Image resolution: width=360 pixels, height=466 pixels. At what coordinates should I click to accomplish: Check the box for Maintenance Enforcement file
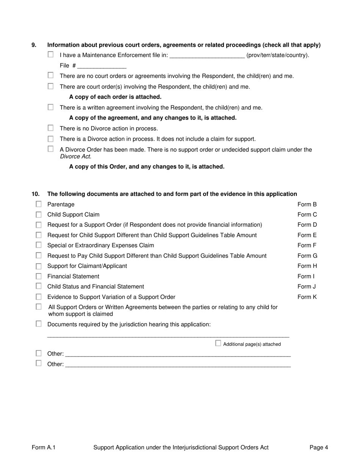point(51,55)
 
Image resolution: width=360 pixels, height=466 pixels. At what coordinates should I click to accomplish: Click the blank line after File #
point(102,66)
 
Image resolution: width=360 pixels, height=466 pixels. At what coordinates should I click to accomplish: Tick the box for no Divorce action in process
point(51,128)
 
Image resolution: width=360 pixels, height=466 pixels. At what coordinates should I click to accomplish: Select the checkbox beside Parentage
point(39,204)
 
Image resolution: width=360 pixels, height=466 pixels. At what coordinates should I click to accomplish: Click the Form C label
point(307,215)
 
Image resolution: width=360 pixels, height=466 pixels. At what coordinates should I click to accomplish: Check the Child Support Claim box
point(39,215)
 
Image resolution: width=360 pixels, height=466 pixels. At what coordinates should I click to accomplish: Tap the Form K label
point(307,297)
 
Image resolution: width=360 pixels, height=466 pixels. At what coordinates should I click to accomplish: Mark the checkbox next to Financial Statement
point(39,277)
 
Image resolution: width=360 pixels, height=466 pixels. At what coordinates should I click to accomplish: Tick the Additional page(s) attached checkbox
point(218,343)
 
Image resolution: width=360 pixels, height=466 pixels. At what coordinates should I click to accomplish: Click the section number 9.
point(34,45)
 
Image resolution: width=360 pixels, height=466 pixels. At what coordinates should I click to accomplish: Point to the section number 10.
point(35,194)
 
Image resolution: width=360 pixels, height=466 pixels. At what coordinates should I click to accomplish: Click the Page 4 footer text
point(319,447)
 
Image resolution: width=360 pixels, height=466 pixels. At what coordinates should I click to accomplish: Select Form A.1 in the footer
point(44,447)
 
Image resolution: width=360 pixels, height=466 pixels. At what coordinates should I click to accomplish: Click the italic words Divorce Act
point(76,156)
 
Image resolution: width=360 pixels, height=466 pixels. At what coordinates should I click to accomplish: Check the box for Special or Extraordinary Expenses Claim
point(39,246)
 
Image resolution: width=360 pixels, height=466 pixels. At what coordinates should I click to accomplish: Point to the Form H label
point(307,266)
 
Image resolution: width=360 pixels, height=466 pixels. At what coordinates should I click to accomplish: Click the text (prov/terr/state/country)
point(278,55)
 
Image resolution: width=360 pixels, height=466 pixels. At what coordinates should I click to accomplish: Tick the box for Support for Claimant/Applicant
point(39,266)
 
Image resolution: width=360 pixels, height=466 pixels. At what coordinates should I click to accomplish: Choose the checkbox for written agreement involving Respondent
point(51,107)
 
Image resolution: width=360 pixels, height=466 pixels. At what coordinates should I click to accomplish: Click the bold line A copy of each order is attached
point(115,97)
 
